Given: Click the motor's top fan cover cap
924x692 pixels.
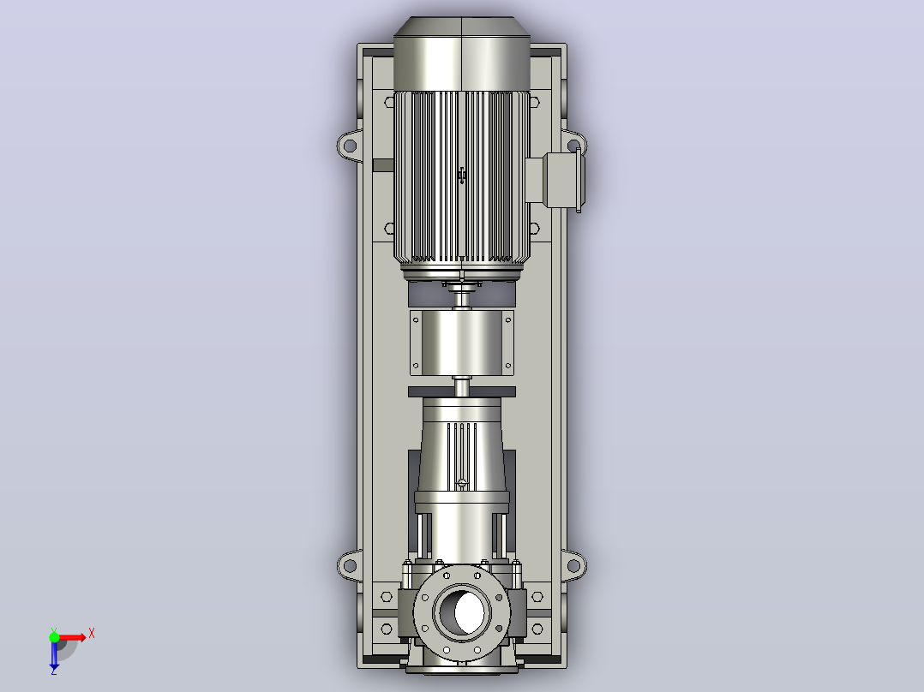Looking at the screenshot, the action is [462, 53].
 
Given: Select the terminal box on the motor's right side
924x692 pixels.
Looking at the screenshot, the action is [564, 180].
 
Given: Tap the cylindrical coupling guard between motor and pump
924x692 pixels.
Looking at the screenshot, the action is [462, 343].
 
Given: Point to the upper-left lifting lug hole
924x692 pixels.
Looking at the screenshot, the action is [350, 146].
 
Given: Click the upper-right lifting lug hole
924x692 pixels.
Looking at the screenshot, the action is [573, 146].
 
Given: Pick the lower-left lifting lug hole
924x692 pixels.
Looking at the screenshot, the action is [350, 566].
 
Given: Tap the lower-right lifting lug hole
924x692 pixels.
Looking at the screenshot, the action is [573, 566].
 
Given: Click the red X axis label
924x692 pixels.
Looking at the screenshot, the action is [92, 634].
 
